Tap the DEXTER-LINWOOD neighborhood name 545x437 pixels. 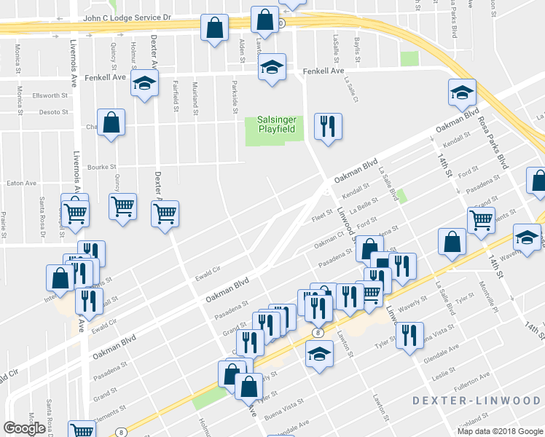[477, 401]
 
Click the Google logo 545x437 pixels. [24, 428]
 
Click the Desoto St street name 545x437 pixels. [53, 113]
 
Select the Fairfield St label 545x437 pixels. [176, 100]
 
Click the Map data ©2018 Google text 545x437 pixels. [500, 431]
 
